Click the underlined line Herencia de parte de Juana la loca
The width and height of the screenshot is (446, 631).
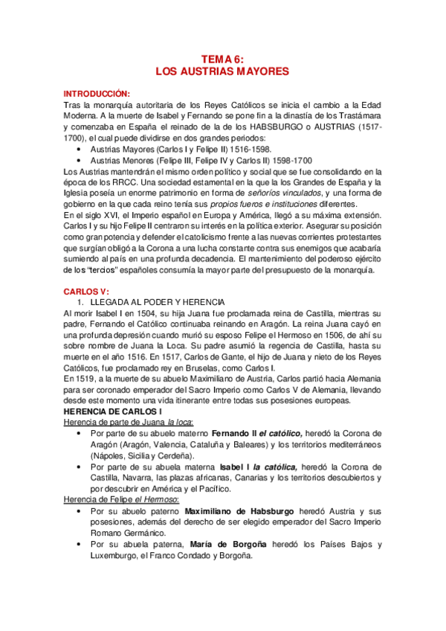pos(122,423)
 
